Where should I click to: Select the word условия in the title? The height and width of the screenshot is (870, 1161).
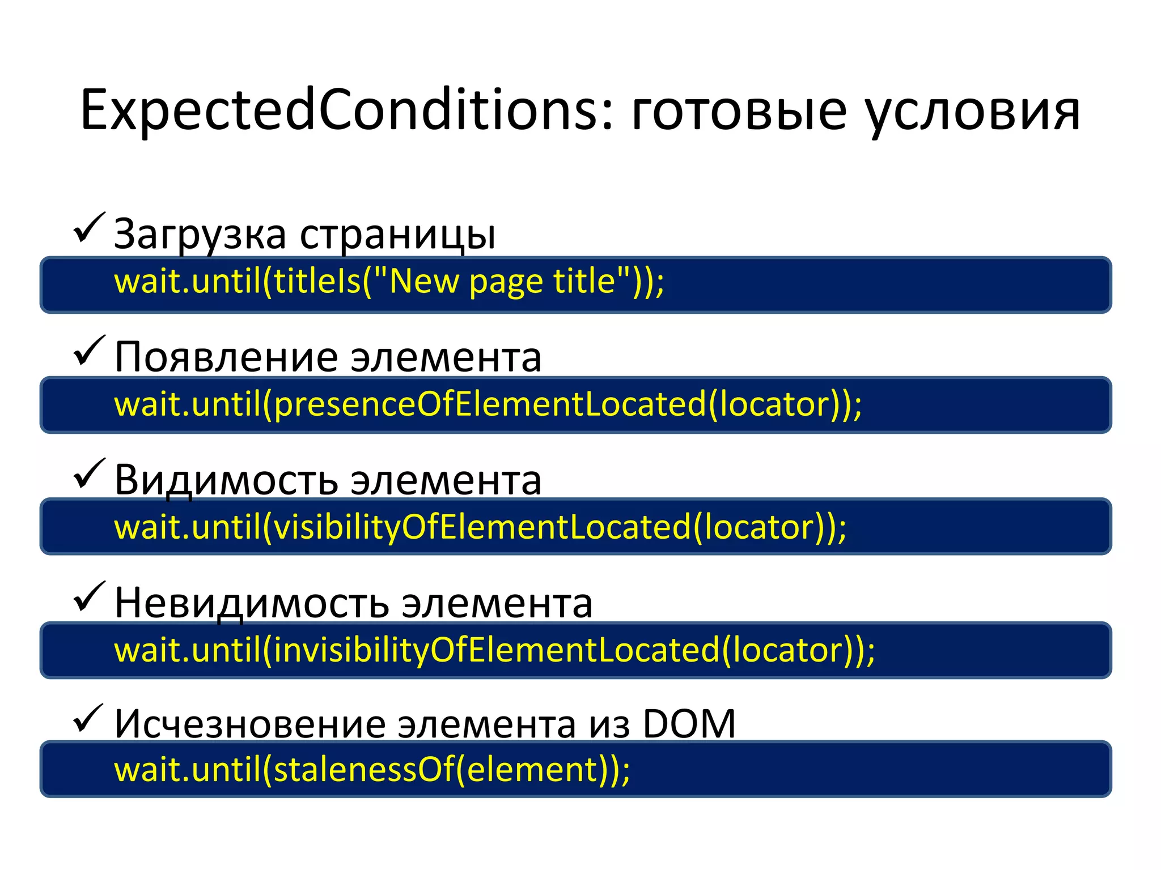[973, 113]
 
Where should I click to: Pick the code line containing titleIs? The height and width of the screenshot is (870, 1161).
[389, 282]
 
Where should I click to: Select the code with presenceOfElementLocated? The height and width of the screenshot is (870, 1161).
[488, 404]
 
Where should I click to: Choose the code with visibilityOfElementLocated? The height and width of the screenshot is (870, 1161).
[480, 527]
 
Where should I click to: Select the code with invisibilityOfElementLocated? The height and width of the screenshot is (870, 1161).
[494, 650]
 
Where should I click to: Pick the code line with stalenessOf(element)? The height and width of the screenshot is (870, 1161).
[372, 770]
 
